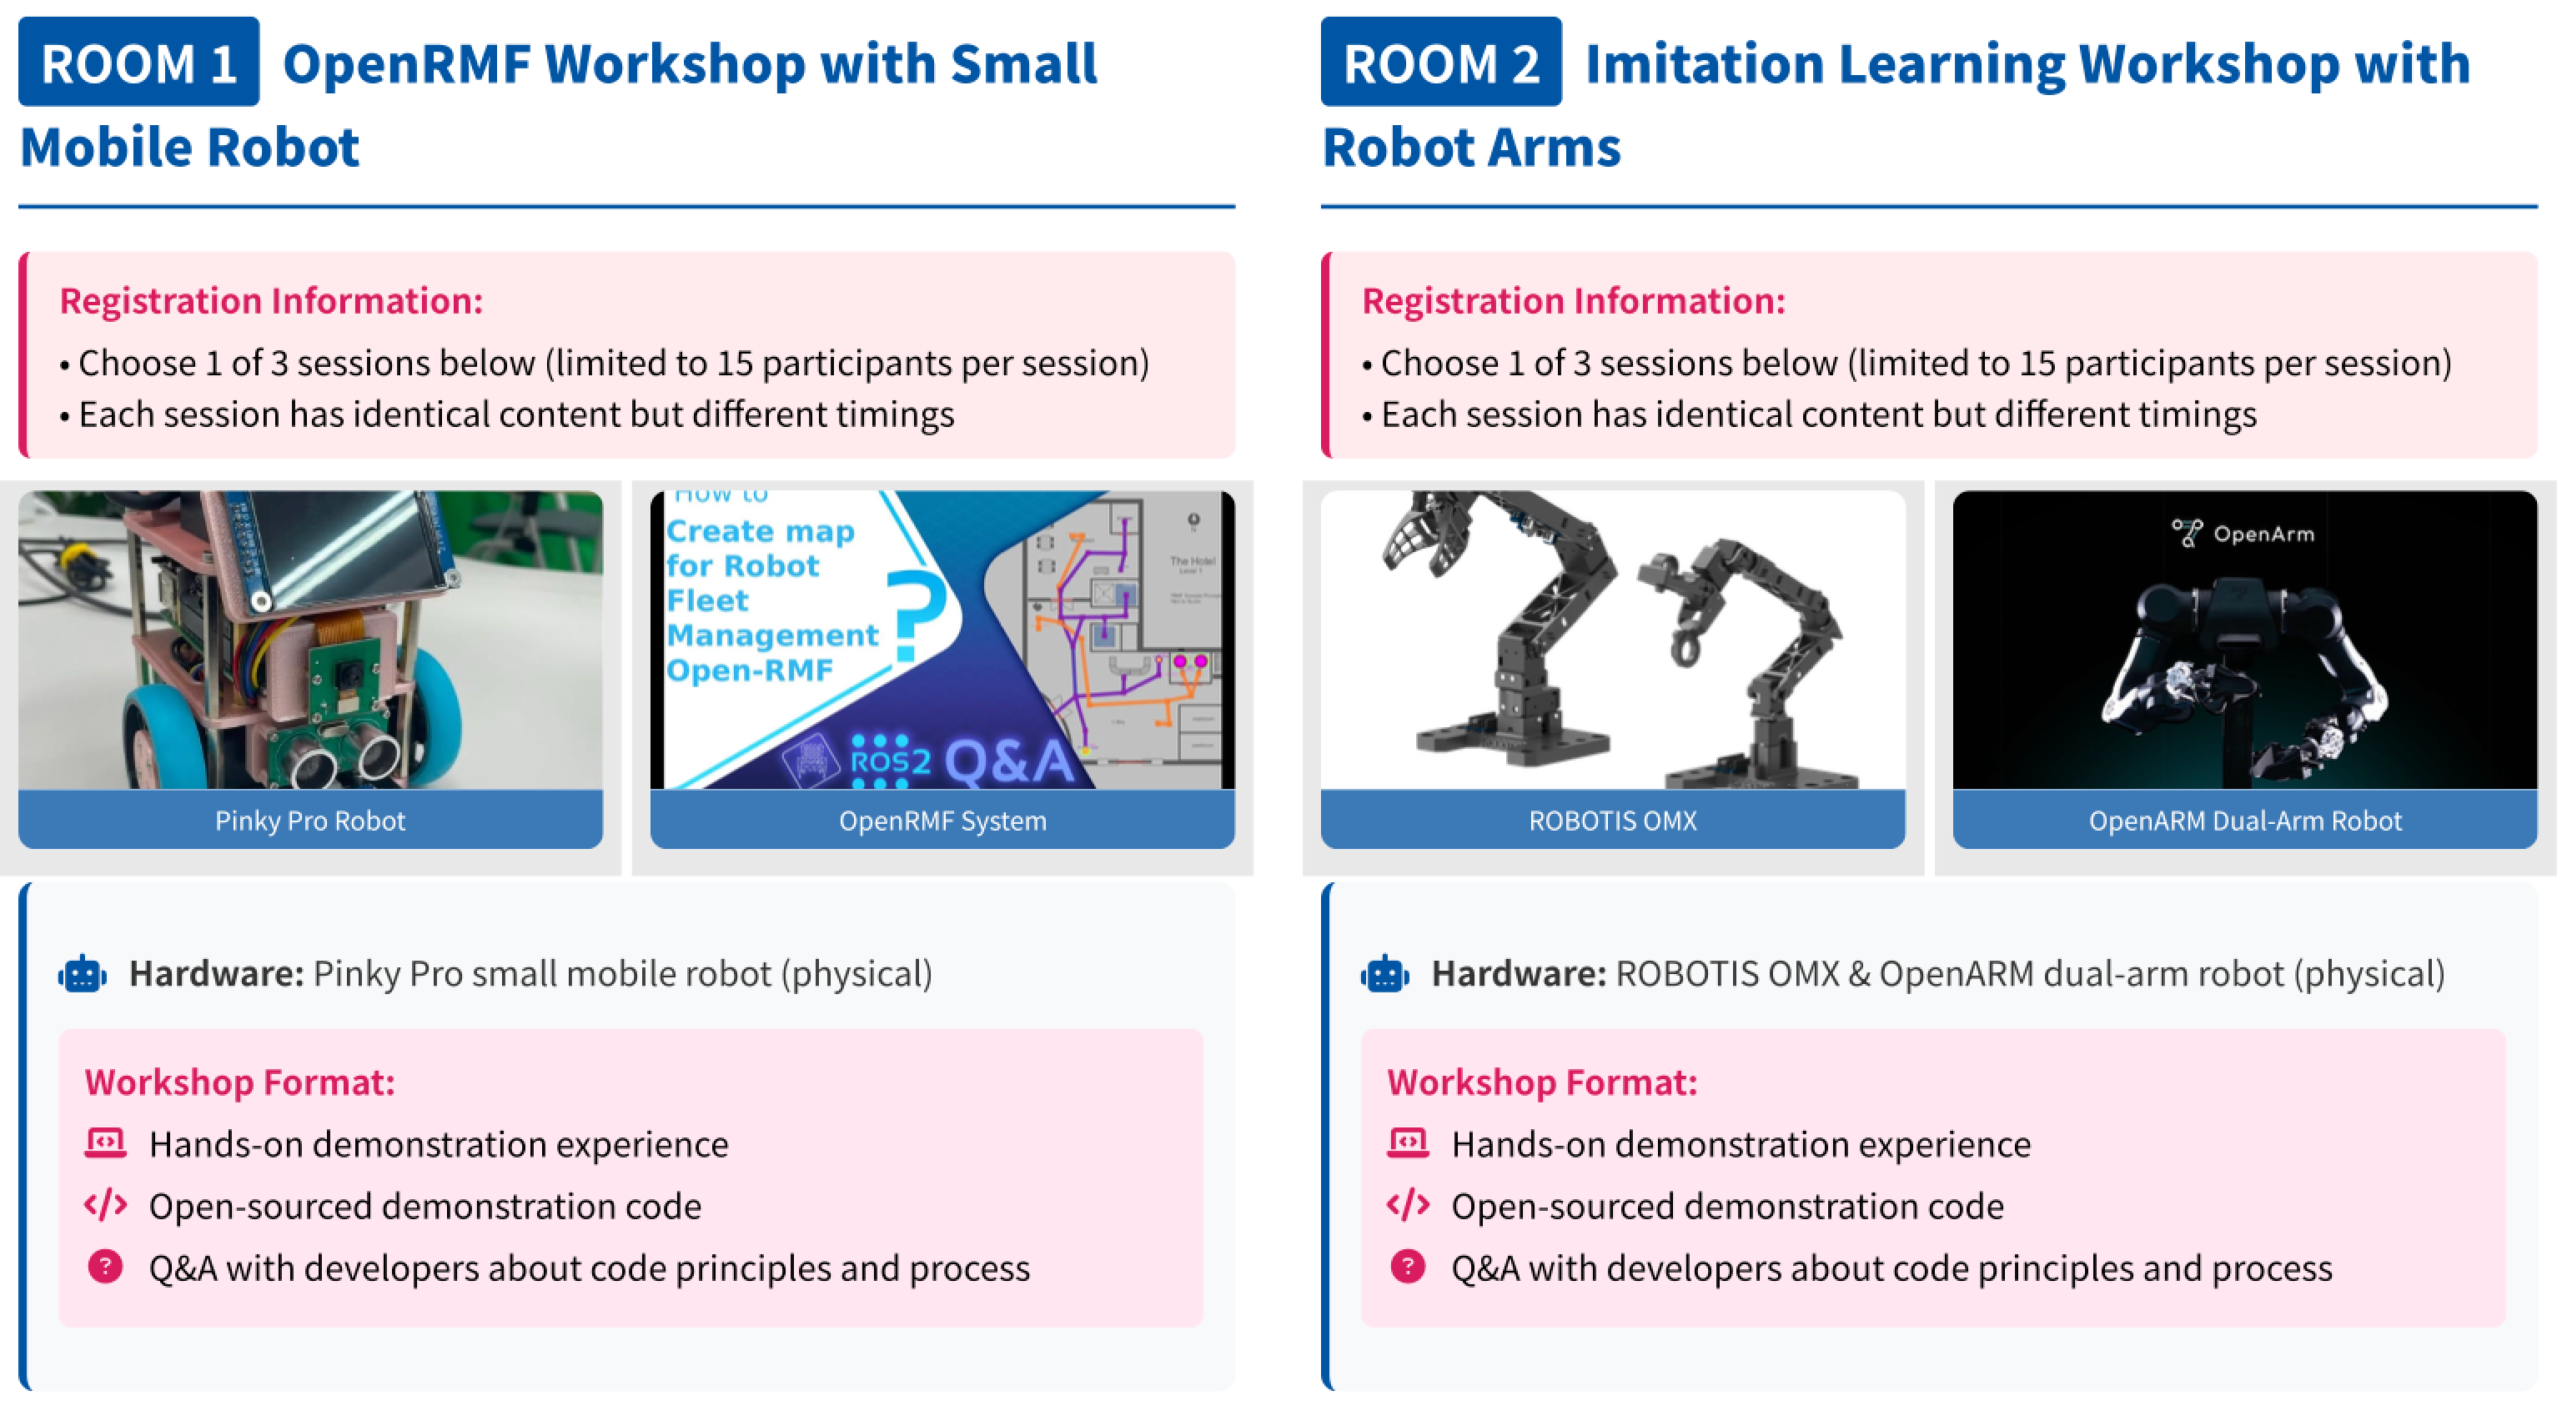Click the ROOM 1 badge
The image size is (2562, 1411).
click(139, 62)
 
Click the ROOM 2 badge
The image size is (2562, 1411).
click(1441, 62)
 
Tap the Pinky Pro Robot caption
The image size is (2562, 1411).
click(310, 821)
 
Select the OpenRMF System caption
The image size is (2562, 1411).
click(943, 821)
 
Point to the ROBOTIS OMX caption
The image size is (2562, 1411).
click(1612, 821)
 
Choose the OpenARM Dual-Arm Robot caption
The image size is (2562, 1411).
click(2245, 821)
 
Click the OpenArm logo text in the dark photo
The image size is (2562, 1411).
click(2263, 534)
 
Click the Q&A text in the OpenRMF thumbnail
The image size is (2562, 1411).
click(1009, 761)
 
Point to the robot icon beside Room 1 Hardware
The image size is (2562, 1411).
click(83, 975)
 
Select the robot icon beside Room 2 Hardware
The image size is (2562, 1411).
click(1384, 975)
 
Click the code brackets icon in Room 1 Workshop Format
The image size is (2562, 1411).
click(105, 1205)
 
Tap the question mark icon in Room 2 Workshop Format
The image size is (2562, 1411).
click(1407, 1267)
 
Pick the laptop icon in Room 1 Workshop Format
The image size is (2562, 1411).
click(105, 1143)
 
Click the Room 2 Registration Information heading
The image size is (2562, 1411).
click(1574, 300)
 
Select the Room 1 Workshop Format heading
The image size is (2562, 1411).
click(239, 1082)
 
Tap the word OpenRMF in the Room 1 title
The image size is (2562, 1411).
click(408, 63)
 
